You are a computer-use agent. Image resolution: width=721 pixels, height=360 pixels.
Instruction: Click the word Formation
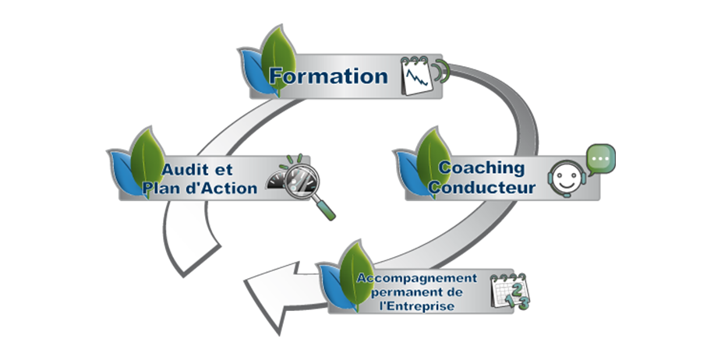(x=328, y=76)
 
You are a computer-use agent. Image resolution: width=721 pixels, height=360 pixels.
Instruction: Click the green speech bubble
(x=600, y=157)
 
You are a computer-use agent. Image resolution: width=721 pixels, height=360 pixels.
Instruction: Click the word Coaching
(x=481, y=168)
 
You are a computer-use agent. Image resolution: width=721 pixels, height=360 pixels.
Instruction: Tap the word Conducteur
(x=482, y=188)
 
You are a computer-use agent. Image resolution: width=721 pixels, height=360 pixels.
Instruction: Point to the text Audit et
(x=200, y=169)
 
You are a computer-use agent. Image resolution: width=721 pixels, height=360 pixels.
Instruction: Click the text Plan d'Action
(x=199, y=188)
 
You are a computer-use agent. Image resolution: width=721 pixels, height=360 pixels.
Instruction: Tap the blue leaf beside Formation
(x=251, y=70)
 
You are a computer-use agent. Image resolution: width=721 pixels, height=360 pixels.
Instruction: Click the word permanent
(x=416, y=291)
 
